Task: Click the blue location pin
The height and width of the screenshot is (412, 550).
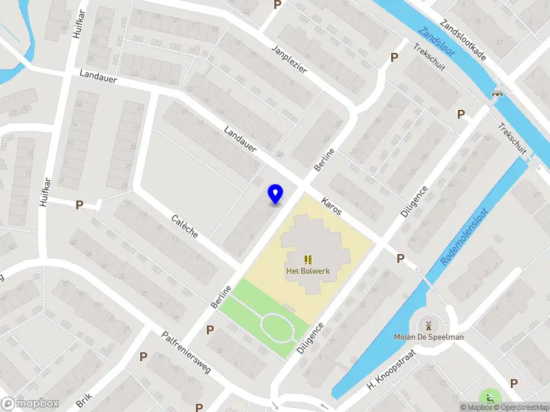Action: pyautogui.click(x=276, y=194)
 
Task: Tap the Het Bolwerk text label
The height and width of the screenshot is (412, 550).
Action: pyautogui.click(x=308, y=271)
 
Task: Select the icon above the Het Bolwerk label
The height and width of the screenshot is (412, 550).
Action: pyautogui.click(x=308, y=259)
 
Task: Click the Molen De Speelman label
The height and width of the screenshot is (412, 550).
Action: pyautogui.click(x=428, y=336)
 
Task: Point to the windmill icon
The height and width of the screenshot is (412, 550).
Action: pyautogui.click(x=428, y=324)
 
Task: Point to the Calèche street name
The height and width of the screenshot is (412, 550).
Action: pyautogui.click(x=185, y=226)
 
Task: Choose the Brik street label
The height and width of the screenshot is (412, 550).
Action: pyautogui.click(x=84, y=400)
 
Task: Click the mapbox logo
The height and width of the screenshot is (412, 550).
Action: pyautogui.click(x=29, y=404)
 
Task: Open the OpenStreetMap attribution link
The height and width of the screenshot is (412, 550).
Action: pyautogui.click(x=520, y=407)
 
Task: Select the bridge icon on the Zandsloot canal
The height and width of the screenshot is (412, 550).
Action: pyautogui.click(x=497, y=93)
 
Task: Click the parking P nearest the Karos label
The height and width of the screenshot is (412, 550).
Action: pyautogui.click(x=400, y=258)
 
